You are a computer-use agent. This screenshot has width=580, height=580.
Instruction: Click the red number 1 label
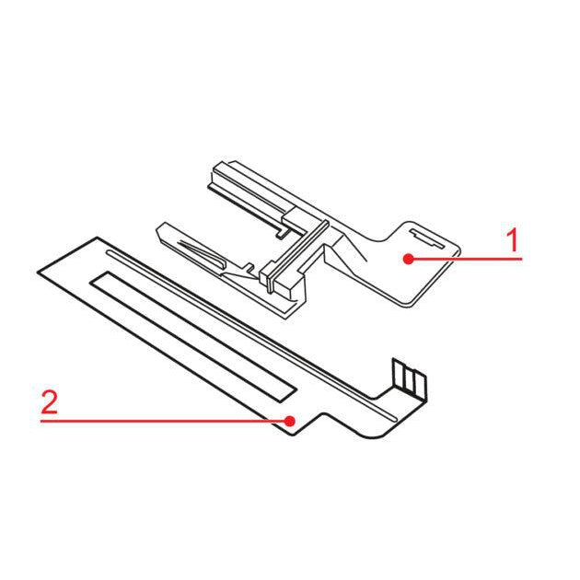pos(513,239)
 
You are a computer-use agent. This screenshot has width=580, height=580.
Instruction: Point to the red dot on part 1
pos(409,259)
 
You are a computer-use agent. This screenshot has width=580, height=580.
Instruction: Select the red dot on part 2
pos(290,421)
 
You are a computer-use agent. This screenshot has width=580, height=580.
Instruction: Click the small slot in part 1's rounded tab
pos(427,238)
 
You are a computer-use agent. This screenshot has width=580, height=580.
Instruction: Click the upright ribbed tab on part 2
pos(409,379)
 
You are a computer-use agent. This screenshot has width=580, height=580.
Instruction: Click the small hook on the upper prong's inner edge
pos(282,232)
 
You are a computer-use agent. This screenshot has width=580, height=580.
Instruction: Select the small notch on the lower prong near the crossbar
pos(249,267)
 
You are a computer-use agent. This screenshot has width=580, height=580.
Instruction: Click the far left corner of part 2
pos(38,273)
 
